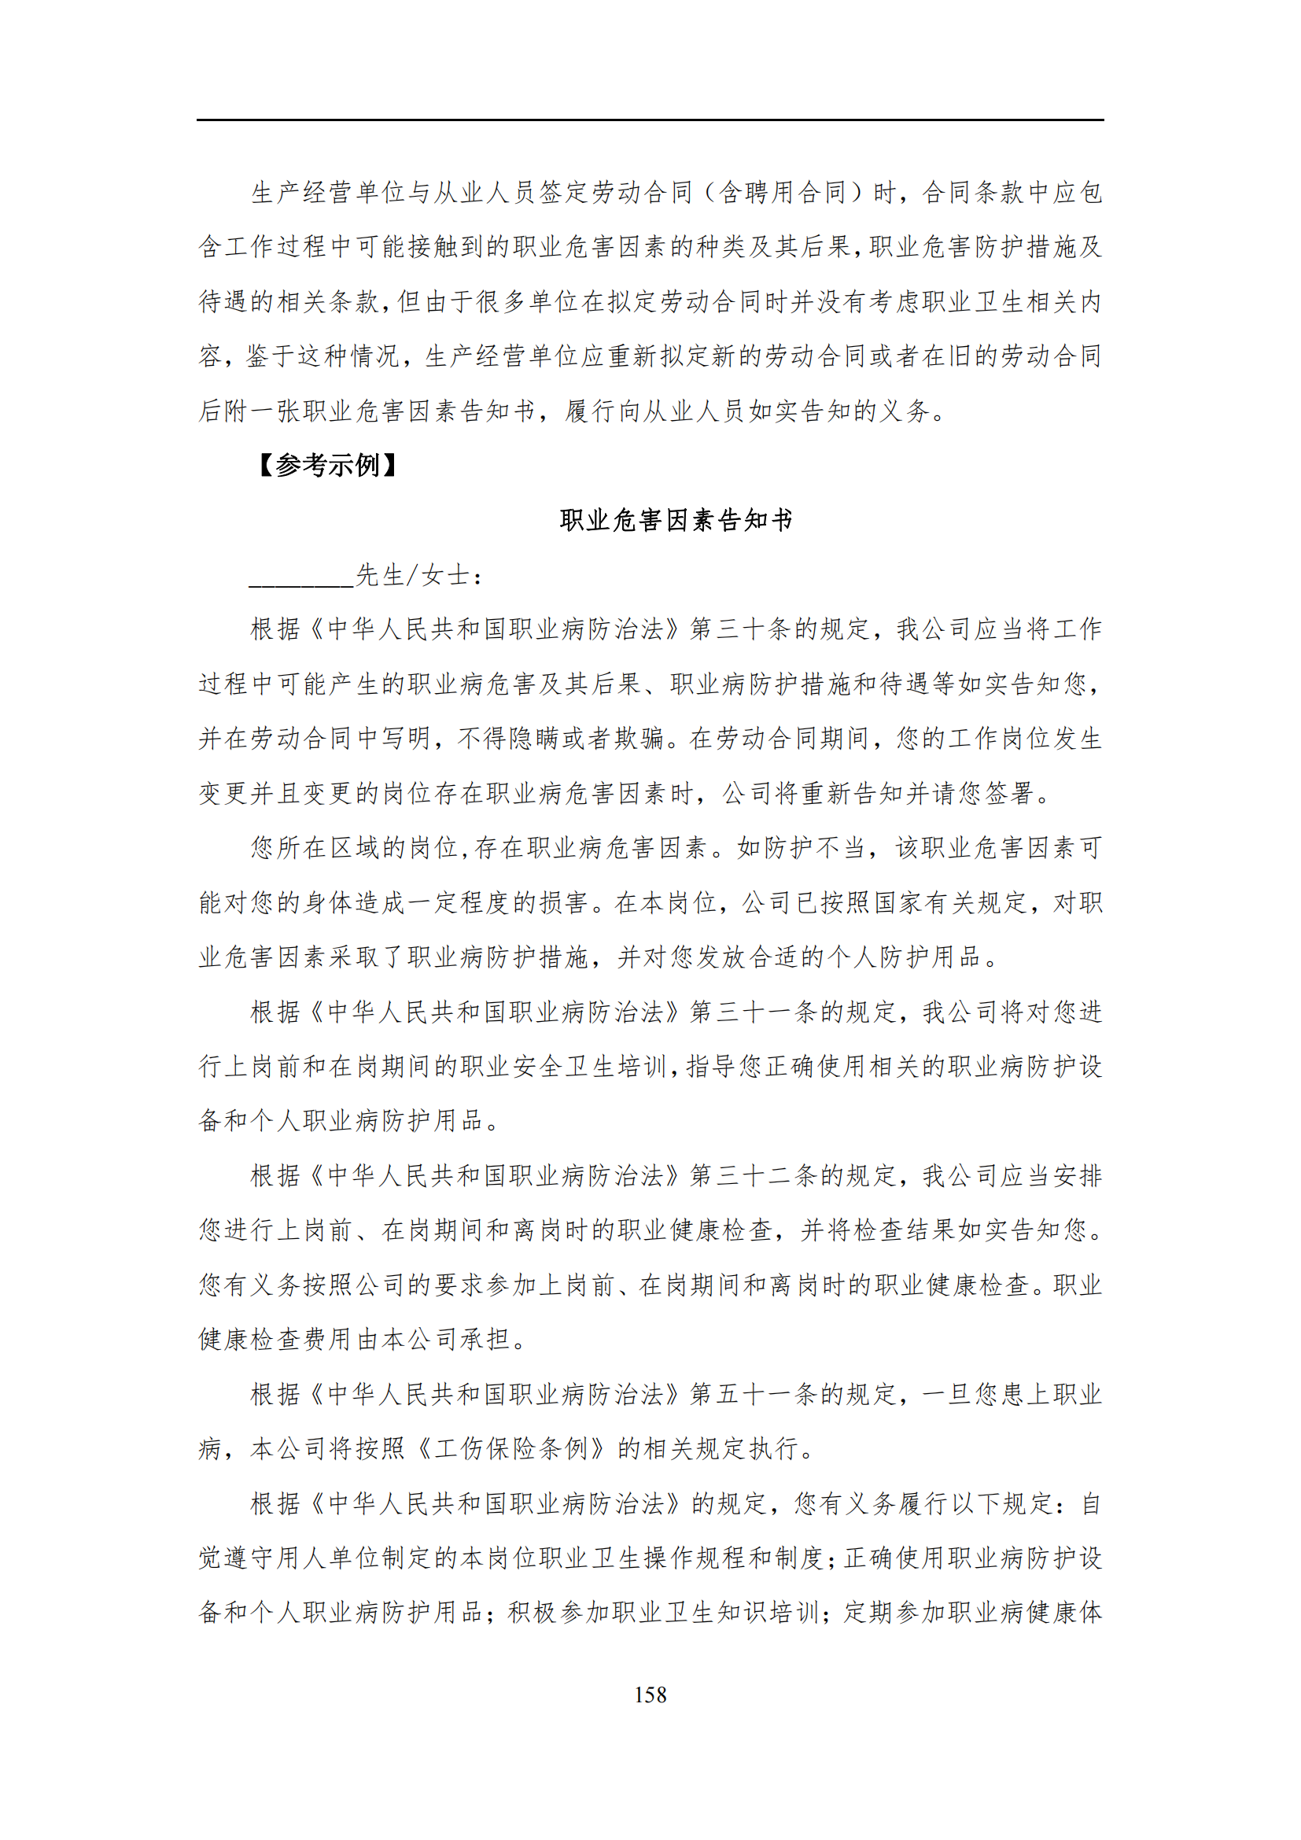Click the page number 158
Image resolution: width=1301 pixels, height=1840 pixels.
click(650, 1694)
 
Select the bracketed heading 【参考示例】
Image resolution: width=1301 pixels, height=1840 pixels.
click(329, 465)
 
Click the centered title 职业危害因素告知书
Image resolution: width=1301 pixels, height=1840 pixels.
click(676, 520)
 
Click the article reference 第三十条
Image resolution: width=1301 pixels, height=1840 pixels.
click(741, 629)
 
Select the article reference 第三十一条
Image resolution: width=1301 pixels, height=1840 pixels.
click(754, 1012)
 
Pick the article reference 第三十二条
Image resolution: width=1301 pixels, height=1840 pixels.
click(754, 1175)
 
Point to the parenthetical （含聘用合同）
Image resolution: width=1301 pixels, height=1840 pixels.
click(782, 192)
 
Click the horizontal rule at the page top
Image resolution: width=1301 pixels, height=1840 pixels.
click(650, 120)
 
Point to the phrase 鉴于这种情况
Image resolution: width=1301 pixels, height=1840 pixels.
click(322, 356)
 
